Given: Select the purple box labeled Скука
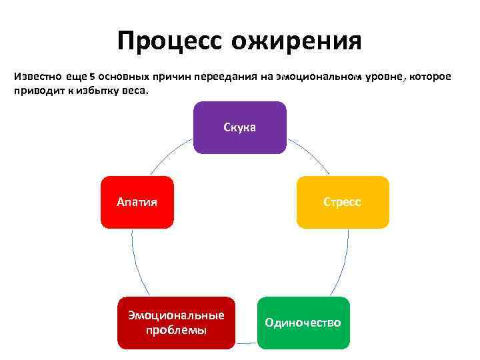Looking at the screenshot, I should click(x=240, y=127).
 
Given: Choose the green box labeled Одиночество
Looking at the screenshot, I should click(x=303, y=323).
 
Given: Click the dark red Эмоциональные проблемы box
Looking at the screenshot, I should click(x=176, y=323).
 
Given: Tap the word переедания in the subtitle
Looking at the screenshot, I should click(x=226, y=77).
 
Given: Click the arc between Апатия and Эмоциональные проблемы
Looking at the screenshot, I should click(x=136, y=263).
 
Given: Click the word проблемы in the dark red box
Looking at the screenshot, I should click(x=176, y=330).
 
